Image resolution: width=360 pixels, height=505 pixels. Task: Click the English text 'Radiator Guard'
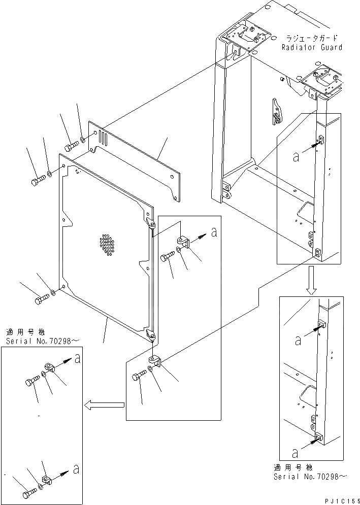tap(312, 47)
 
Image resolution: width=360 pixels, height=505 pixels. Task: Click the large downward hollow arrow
tap(312, 283)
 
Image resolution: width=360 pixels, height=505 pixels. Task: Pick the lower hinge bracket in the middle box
tap(156, 362)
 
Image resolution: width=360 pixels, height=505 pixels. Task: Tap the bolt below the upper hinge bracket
tap(167, 257)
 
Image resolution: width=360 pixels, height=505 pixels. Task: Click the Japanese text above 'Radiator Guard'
tap(312, 38)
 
